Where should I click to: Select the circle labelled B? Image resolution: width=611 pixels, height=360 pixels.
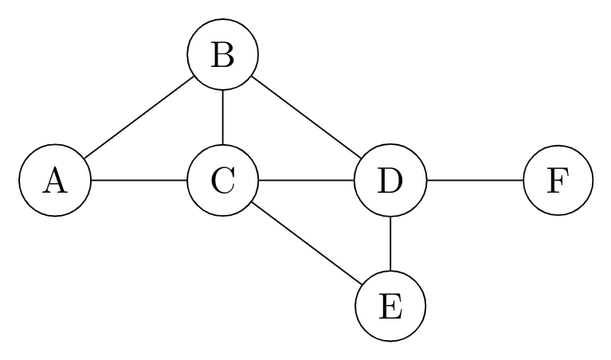tap(223, 56)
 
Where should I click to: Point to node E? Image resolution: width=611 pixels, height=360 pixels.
tap(390, 305)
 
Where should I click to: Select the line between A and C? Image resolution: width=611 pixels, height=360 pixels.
tap(139, 181)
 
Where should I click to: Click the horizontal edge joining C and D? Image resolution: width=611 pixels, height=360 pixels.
tap(307, 181)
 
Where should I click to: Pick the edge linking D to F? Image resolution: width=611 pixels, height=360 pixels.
tap(475, 181)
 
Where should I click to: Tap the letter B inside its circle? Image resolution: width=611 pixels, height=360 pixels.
tap(223, 56)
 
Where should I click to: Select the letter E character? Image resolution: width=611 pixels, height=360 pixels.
tap(390, 305)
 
